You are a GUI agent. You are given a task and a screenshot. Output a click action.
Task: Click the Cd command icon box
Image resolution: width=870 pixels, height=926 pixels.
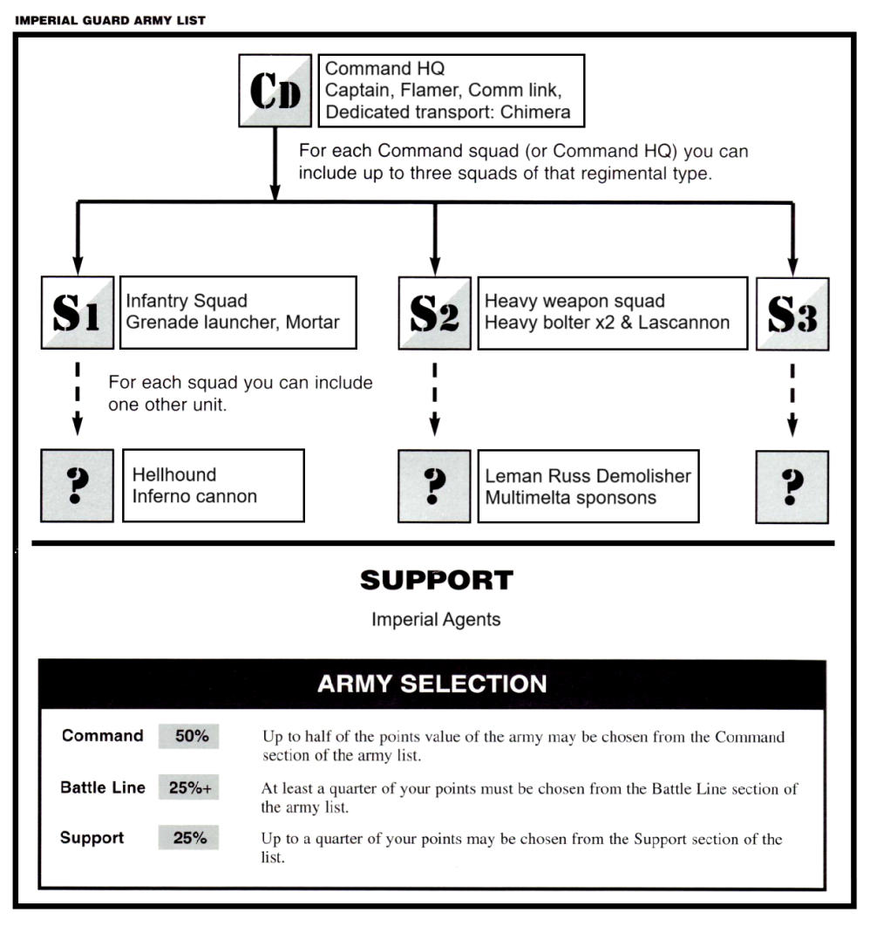(275, 90)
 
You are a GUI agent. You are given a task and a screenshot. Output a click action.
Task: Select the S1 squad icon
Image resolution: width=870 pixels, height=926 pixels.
(77, 313)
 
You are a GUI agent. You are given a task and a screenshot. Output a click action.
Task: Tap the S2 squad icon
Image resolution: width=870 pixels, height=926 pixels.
(435, 313)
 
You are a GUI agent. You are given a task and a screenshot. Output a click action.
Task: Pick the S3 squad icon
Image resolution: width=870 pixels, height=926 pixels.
(792, 313)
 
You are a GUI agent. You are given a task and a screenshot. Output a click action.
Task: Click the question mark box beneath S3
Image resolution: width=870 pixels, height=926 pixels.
(792, 486)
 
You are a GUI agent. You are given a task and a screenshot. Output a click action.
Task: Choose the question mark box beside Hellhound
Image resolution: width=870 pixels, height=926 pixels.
(77, 486)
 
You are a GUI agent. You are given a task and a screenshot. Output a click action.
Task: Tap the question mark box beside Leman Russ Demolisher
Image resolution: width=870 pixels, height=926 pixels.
(435, 486)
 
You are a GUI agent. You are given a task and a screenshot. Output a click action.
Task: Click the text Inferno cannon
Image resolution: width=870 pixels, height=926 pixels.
(194, 497)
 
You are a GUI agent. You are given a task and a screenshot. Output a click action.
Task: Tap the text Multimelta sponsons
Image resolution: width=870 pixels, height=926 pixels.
(571, 498)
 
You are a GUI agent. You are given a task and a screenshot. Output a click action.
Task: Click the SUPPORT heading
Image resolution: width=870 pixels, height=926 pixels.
(436, 580)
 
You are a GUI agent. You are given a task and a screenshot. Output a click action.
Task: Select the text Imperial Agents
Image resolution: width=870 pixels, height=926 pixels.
(436, 620)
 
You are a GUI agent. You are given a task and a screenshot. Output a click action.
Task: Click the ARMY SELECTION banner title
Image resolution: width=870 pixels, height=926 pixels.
(432, 684)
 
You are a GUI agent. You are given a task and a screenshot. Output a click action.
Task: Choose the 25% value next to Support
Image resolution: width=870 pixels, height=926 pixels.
(189, 838)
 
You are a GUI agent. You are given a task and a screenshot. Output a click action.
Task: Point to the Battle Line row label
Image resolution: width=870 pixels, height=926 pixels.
(103, 788)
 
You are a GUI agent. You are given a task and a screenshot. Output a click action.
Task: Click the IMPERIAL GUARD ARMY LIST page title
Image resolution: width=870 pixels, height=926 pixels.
(110, 20)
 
